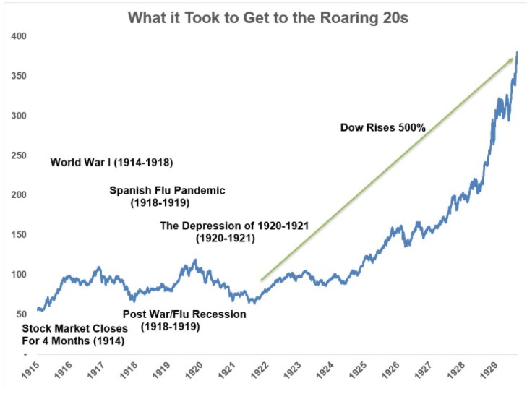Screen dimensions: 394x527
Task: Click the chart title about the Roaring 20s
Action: pyautogui.click(x=268, y=17)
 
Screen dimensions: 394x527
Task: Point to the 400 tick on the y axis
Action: pyautogui.click(x=20, y=36)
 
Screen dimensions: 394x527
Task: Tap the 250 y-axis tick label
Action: pyautogui.click(x=20, y=155)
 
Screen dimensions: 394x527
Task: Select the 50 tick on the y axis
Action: pyautogui.click(x=22, y=314)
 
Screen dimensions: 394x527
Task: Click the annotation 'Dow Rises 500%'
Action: pyautogui.click(x=383, y=128)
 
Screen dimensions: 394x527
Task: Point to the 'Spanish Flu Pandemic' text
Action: pyautogui.click(x=167, y=191)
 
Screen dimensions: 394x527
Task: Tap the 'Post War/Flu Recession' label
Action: pyautogui.click(x=184, y=314)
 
